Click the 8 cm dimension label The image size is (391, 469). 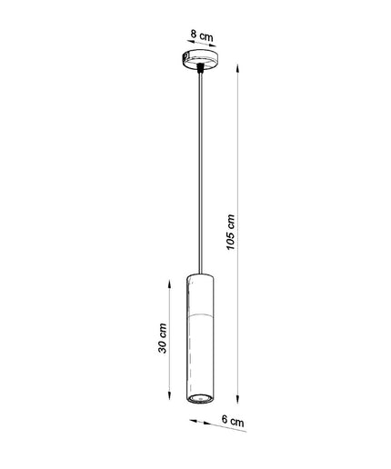(x=202, y=35)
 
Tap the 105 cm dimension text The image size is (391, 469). (x=231, y=232)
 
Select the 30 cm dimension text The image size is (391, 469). (x=163, y=338)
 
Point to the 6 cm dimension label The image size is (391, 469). (x=233, y=421)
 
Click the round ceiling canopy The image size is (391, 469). (x=200, y=60)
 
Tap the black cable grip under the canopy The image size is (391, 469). (x=200, y=67)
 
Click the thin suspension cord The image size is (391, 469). (x=200, y=174)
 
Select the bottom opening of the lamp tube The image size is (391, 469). (x=200, y=398)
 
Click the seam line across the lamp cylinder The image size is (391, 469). (x=200, y=315)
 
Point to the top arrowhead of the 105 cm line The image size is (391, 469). (x=238, y=68)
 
